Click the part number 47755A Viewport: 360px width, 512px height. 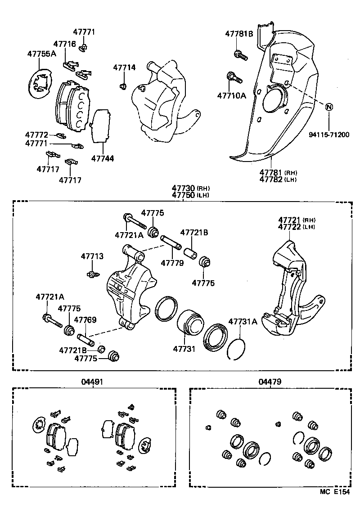tap(41, 54)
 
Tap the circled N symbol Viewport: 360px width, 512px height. tap(329, 107)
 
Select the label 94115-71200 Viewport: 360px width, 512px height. tap(329, 135)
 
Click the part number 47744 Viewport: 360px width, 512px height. tap(103, 158)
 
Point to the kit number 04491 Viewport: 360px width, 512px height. tap(92, 382)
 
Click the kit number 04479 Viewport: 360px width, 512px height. tap(270, 382)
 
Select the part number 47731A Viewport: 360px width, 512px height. tap(243, 321)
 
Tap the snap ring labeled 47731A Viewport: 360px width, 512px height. tap(237, 348)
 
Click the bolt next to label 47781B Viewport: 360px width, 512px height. tap(239, 56)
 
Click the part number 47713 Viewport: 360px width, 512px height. tap(92, 256)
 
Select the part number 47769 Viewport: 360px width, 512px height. tap(85, 320)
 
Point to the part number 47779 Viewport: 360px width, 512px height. tap(172, 262)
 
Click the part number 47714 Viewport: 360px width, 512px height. tap(124, 67)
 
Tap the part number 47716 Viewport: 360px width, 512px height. tap(64, 44)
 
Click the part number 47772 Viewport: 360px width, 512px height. tap(36, 135)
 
